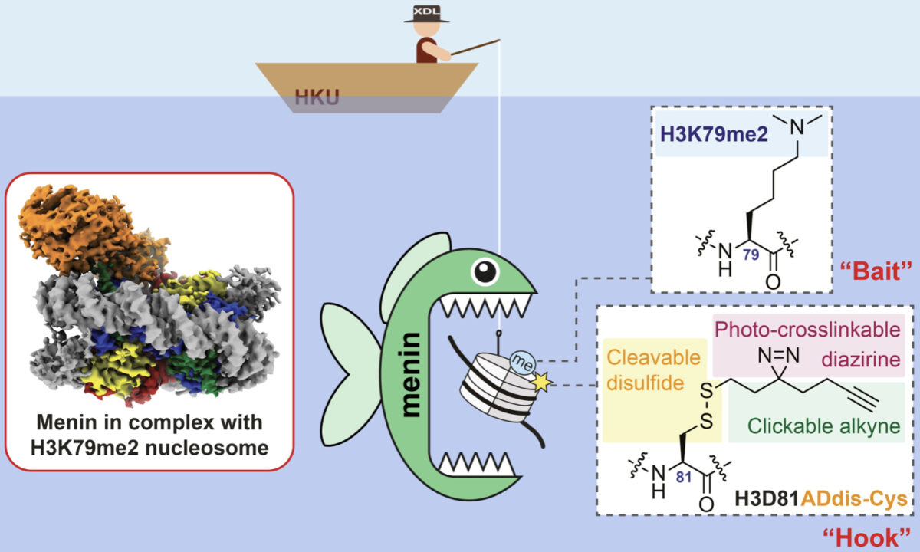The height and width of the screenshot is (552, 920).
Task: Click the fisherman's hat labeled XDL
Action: (426, 14)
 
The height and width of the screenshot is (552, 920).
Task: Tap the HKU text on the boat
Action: (317, 97)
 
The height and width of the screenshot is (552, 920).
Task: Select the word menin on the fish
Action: (411, 375)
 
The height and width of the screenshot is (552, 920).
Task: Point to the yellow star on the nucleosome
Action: (542, 383)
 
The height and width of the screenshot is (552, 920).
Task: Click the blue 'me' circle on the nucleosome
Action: (523, 363)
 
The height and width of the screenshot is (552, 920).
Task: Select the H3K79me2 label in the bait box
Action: (714, 134)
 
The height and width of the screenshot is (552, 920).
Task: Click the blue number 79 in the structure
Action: (751, 255)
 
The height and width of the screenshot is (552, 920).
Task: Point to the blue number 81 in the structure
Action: (684, 477)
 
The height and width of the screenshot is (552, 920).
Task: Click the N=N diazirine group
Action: (778, 356)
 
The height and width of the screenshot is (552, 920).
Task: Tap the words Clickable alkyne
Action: (823, 426)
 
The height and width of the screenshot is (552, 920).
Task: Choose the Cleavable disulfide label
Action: (653, 370)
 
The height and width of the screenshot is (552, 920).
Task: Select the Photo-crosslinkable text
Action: (807, 330)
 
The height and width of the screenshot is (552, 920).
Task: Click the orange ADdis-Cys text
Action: (854, 499)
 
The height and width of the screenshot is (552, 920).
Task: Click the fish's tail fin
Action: (349, 374)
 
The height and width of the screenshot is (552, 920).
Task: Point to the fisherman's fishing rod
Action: (475, 48)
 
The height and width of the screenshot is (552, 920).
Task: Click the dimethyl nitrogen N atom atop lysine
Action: (797, 127)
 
